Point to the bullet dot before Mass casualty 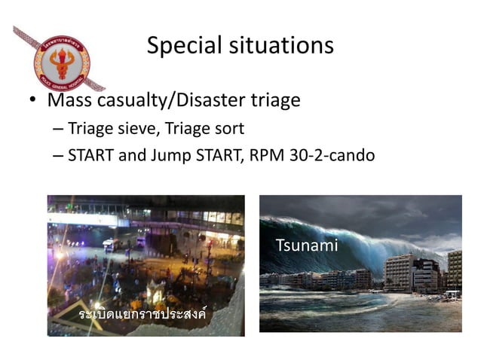tap(33, 100)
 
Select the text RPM tap(264, 156)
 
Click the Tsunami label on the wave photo tap(307, 246)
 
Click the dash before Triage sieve tap(59, 128)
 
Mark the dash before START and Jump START tap(59, 156)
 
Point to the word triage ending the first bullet tap(276, 100)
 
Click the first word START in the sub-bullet tap(90, 156)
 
